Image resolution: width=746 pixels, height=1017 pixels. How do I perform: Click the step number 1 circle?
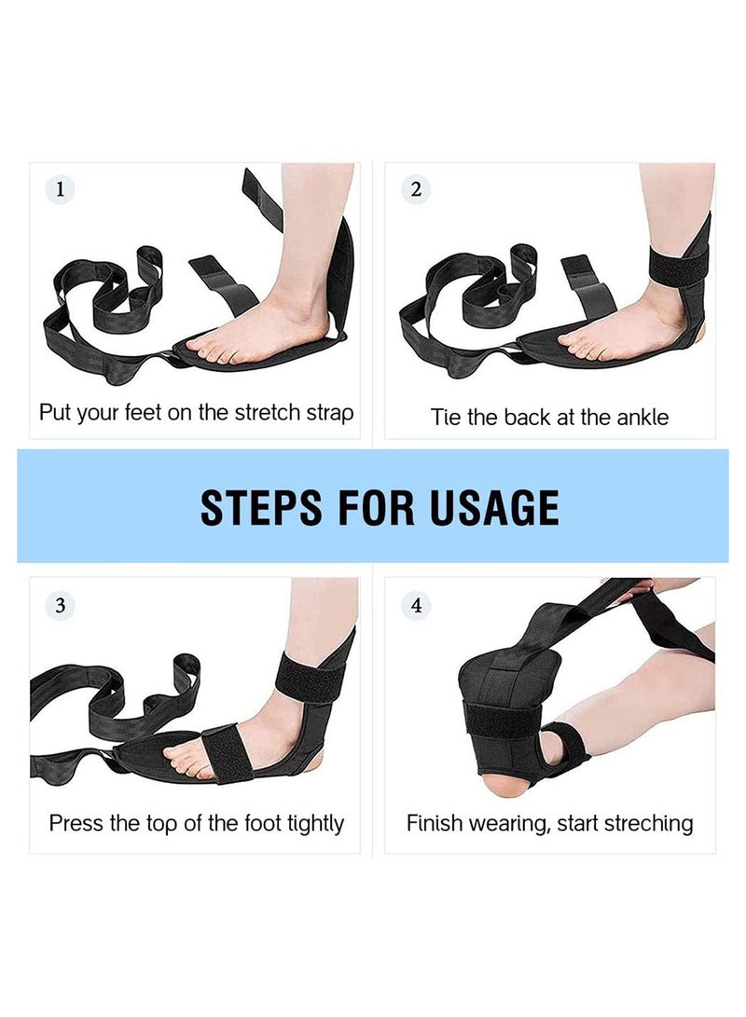click(61, 189)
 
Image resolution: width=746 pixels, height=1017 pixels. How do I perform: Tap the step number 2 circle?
click(416, 189)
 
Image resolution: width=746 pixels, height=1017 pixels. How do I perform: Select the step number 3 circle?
click(61, 606)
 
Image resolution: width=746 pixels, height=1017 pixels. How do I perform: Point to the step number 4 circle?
click(416, 606)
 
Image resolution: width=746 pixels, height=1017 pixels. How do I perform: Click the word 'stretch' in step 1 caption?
click(268, 413)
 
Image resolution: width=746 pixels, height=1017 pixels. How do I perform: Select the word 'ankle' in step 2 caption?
click(642, 417)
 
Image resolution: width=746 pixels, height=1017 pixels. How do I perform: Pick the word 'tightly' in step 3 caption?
click(315, 824)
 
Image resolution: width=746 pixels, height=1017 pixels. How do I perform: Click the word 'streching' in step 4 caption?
click(648, 824)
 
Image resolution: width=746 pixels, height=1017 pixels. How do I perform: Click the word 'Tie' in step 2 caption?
click(445, 417)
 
